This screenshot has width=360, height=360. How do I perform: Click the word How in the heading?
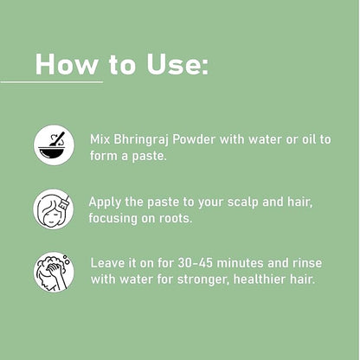[x=67, y=64]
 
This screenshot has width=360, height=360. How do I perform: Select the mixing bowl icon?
[x=54, y=145]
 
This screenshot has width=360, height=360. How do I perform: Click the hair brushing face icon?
[x=54, y=209]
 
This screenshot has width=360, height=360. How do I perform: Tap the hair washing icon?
[x=54, y=272]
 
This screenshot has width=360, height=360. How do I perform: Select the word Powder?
[x=194, y=139]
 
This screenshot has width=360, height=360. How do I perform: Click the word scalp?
[x=242, y=202]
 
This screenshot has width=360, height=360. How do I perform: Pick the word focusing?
[x=113, y=219]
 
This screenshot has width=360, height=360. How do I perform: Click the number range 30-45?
[x=195, y=263]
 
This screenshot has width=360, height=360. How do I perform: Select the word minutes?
[x=241, y=263]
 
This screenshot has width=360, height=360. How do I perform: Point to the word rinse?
[x=307, y=263]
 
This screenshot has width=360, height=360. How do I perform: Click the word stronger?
[x=203, y=280]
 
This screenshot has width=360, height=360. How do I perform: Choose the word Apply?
[x=105, y=202]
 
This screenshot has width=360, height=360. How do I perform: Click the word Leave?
[x=108, y=263]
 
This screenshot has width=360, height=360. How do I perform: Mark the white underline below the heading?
[x=52, y=82]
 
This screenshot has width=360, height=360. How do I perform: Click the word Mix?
[x=100, y=139]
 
